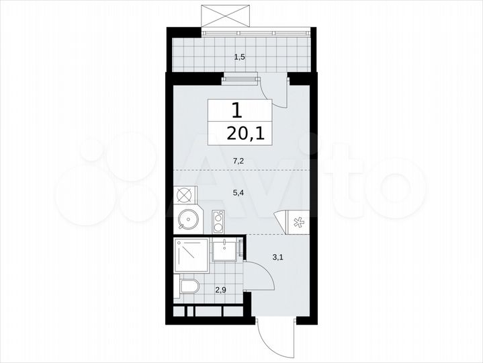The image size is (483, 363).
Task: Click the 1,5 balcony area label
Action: click(x=239, y=57)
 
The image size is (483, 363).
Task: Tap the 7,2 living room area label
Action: click(x=239, y=161)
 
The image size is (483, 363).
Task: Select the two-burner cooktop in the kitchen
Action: click(x=218, y=222)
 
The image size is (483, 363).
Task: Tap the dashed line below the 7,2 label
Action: click(x=239, y=171)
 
